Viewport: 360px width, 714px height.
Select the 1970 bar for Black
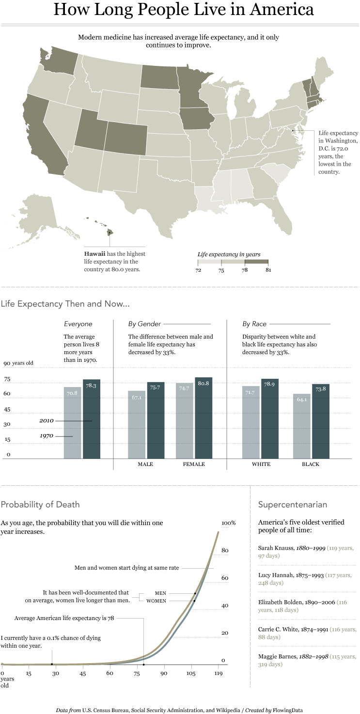point(301,426)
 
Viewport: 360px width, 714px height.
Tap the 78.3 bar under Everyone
point(92,419)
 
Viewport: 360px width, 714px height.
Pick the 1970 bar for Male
point(137,425)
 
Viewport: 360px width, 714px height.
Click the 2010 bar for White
point(270,419)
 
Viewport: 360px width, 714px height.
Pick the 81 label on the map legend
point(268,270)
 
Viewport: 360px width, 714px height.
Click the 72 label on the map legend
point(198,270)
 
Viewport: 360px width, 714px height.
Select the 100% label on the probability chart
point(228,523)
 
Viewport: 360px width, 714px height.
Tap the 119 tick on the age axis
point(218,674)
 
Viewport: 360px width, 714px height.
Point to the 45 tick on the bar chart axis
point(7,410)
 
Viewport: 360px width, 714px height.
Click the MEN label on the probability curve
point(160,593)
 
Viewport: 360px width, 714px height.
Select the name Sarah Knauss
point(275,548)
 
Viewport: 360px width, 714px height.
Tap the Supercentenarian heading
point(293,505)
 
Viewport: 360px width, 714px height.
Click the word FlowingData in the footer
point(288,710)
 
